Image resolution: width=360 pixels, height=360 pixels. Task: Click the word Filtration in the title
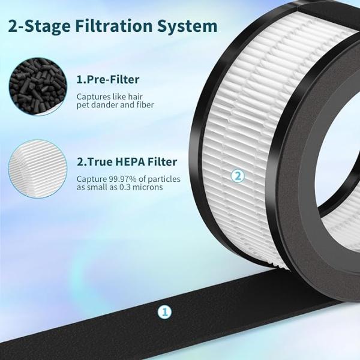click(x=113, y=26)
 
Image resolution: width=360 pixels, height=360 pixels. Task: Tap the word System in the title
click(x=187, y=26)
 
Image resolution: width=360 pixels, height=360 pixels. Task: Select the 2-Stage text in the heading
click(x=39, y=26)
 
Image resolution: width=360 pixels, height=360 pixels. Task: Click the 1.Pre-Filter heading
click(x=108, y=80)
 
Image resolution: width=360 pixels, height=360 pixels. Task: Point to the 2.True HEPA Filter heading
click(x=127, y=161)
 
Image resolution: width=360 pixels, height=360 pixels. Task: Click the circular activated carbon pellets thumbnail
click(x=38, y=86)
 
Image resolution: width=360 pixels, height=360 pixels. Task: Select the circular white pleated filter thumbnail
click(x=38, y=169)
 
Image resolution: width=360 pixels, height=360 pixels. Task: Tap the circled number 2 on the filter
click(x=238, y=176)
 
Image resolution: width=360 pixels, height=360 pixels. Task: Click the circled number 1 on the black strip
click(x=164, y=312)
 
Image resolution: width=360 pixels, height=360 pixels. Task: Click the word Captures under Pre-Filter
click(x=94, y=97)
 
